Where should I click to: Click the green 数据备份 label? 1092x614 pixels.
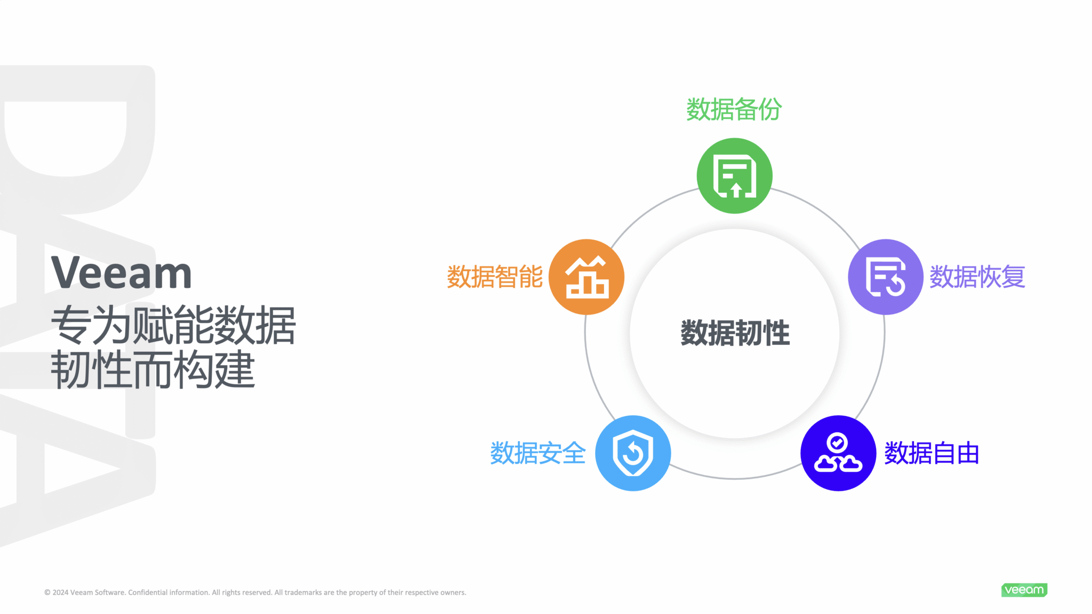pos(734,109)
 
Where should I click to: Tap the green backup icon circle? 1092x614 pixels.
pos(734,176)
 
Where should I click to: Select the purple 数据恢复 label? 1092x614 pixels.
pos(977,277)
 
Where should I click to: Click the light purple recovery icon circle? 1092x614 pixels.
pos(886,277)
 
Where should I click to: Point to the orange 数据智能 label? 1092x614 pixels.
pos(495,277)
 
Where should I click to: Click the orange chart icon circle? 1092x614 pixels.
pos(587,277)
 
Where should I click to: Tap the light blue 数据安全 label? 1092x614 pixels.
pos(538,453)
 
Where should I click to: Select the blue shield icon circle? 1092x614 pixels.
pos(633,453)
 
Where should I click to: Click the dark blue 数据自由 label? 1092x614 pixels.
pos(932,453)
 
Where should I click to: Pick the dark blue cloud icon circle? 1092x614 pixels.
pos(838,453)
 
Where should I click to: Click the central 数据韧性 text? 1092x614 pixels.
pos(735,333)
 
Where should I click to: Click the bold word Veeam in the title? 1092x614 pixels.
pos(122,273)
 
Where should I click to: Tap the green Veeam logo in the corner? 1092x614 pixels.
pos(1024,590)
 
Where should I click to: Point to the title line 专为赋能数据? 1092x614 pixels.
pos(173,325)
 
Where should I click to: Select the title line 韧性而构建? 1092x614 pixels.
pos(153,369)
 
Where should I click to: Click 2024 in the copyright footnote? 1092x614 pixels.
pos(60,593)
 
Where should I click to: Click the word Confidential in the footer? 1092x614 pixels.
pos(148,593)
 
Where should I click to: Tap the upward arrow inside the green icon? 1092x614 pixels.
pos(736,190)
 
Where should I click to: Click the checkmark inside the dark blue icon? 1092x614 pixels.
pos(837,442)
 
